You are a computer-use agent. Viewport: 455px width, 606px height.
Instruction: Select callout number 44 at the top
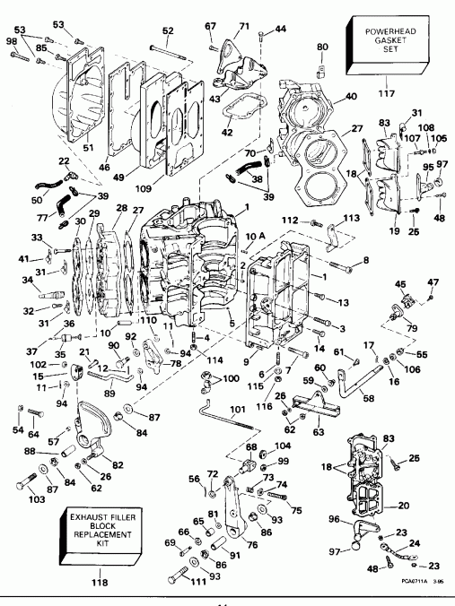point(281,30)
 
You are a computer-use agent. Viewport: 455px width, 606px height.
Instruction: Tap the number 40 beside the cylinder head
point(350,97)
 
